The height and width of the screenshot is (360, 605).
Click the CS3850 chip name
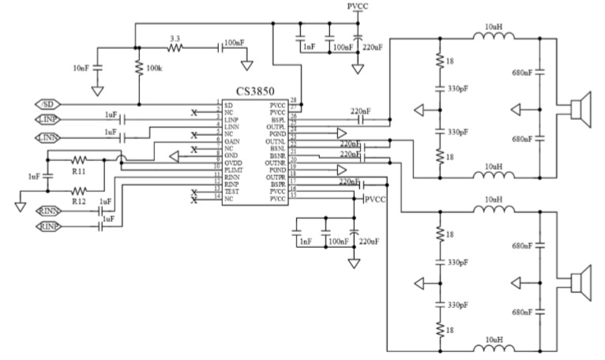pyautogui.click(x=261, y=92)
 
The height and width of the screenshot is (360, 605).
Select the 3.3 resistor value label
pyautogui.click(x=175, y=37)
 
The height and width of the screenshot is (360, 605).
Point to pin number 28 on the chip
pyautogui.click(x=293, y=100)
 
